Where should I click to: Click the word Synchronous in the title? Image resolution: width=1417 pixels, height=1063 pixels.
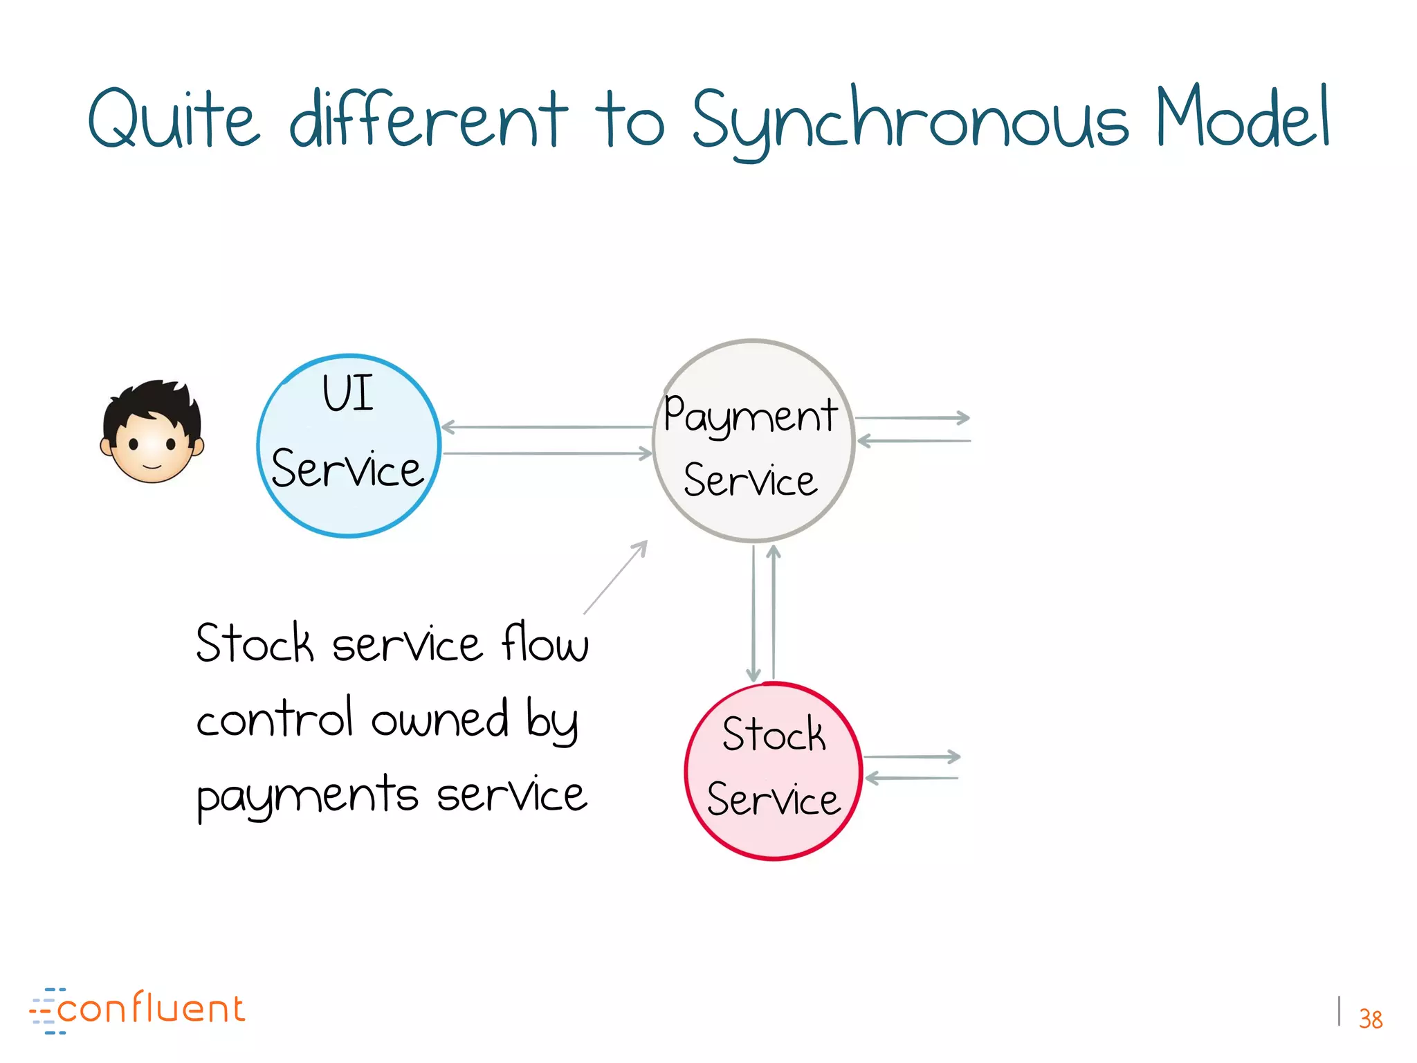(910, 121)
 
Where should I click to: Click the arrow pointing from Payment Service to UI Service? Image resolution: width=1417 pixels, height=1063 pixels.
(547, 428)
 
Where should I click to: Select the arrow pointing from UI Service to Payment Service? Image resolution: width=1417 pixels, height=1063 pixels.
(547, 454)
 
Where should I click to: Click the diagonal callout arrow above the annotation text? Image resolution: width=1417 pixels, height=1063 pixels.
(616, 577)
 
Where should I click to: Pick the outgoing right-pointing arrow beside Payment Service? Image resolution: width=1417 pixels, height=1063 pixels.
(913, 418)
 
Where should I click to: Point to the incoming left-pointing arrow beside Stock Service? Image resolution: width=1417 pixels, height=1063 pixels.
(912, 779)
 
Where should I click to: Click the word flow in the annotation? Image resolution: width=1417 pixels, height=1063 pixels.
(545, 644)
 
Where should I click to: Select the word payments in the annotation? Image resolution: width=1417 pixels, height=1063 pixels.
(307, 796)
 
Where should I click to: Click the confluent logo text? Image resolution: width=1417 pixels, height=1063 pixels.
(151, 1009)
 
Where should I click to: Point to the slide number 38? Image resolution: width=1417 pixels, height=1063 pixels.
(1370, 1019)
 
